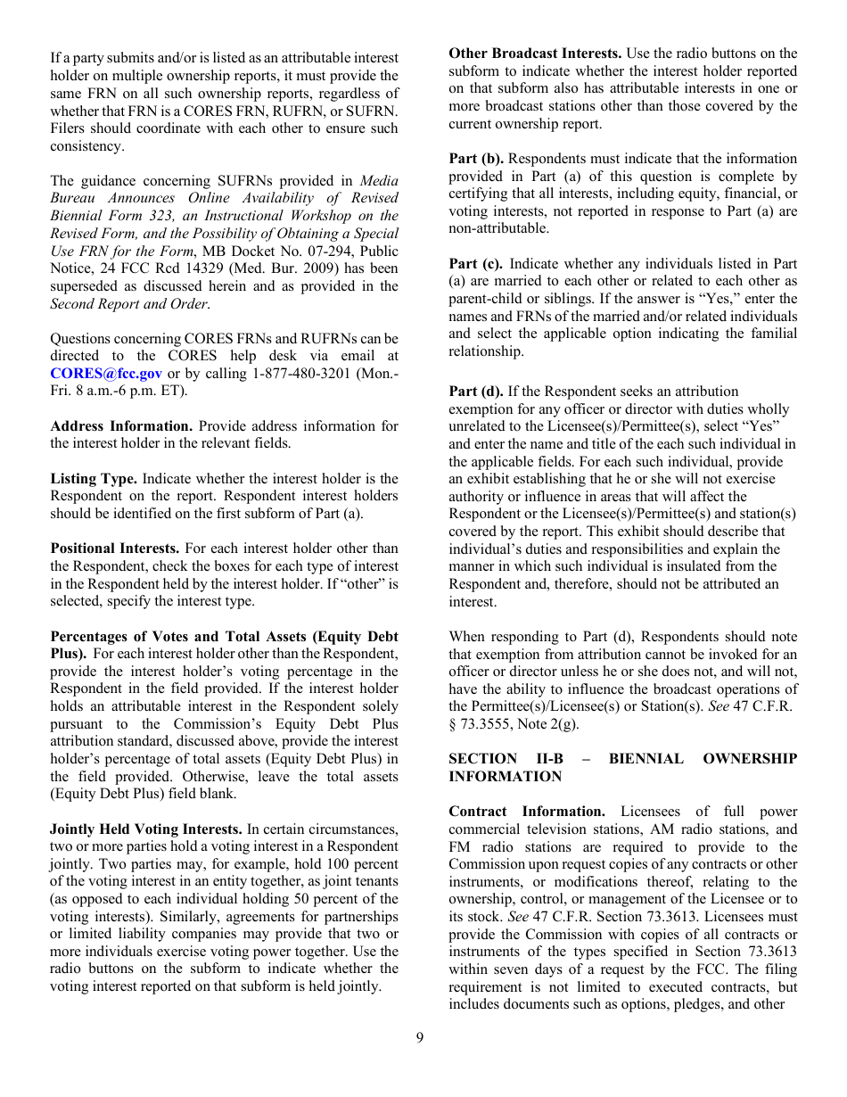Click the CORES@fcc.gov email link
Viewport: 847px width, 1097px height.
(x=106, y=374)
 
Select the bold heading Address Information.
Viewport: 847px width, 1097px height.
(x=121, y=426)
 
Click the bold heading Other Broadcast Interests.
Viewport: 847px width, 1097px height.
(x=535, y=54)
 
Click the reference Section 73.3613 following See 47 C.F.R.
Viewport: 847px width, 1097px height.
(x=642, y=917)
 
